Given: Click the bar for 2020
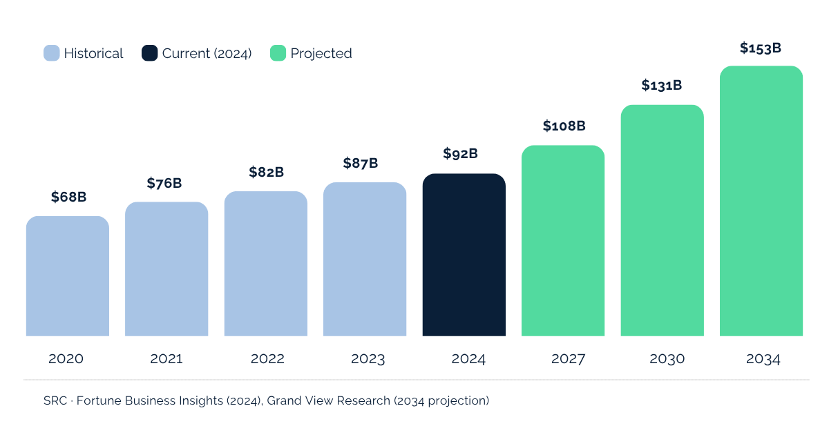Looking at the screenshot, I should click(67, 276).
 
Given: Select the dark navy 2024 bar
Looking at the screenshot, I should click(464, 255).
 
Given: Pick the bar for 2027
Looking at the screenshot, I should click(563, 241).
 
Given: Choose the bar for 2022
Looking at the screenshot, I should click(265, 264).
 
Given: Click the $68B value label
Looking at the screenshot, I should click(68, 197).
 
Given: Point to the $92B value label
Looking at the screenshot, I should click(460, 153).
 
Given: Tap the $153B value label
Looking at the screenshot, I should click(760, 48).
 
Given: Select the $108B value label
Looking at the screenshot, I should click(564, 126).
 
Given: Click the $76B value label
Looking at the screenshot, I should click(164, 183).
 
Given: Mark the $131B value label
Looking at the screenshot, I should click(661, 86).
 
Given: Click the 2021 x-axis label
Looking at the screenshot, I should click(166, 359).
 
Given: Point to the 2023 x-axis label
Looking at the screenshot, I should click(368, 359).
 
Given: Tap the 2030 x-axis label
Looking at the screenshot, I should click(667, 359).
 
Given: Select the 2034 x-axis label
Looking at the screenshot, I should click(763, 359).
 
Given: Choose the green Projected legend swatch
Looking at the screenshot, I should click(278, 53).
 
